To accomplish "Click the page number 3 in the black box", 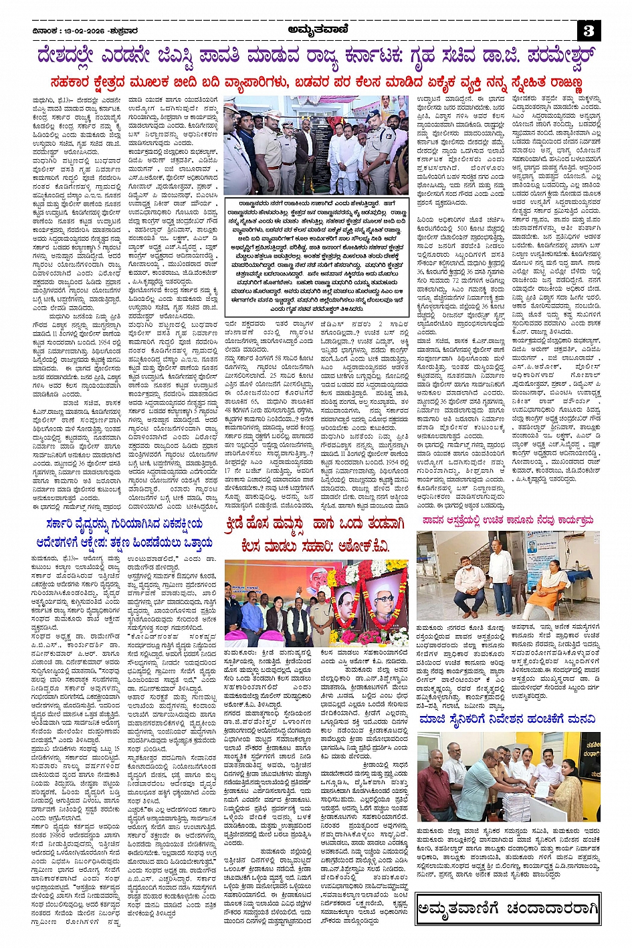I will pos(589,30).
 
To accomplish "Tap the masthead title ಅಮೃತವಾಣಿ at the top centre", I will pos(316,29).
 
